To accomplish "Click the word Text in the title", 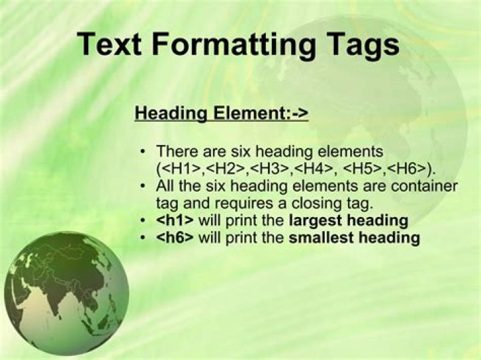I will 109,44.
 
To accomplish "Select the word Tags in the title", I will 358,44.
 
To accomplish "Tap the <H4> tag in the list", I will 312,168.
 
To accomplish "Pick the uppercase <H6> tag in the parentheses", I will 409,168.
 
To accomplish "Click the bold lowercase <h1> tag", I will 174,220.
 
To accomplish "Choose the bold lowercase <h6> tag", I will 174,238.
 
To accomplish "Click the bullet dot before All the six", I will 142,186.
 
